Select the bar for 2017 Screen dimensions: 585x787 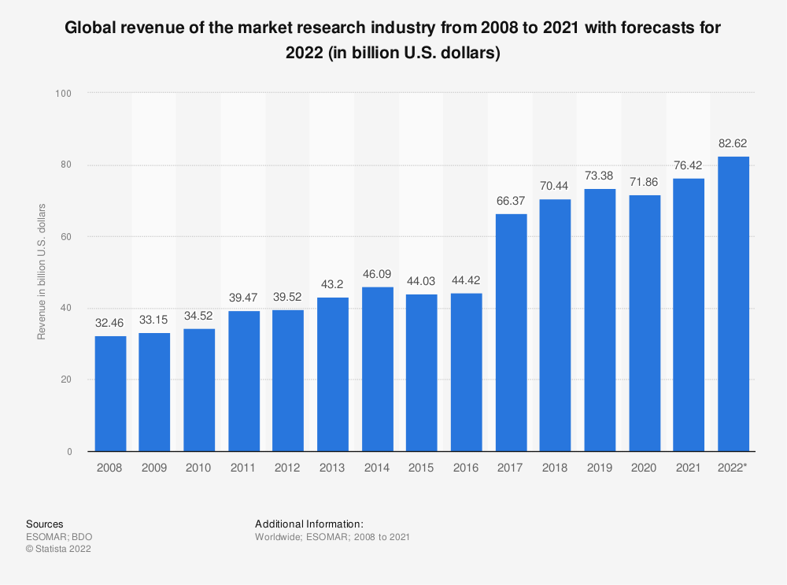coord(512,332)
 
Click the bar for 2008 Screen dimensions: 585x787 coord(110,394)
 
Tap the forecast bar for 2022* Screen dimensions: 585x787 coord(733,303)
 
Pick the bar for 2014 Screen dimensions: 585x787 coord(378,369)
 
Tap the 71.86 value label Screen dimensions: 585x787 coord(645,183)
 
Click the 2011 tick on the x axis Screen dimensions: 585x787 coord(244,467)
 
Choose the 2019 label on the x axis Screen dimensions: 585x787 coord(600,467)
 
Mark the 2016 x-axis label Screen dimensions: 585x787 coord(467,467)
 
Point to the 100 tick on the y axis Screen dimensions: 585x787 coord(64,94)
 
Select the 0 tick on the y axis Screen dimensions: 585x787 coord(69,452)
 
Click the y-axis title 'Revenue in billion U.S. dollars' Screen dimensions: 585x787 coord(42,272)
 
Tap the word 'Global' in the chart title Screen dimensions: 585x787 coord(89,30)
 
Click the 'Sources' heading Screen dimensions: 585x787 coord(45,524)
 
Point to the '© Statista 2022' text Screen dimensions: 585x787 coord(59,550)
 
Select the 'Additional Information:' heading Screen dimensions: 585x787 coord(309,524)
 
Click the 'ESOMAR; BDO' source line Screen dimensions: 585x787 coord(54,537)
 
